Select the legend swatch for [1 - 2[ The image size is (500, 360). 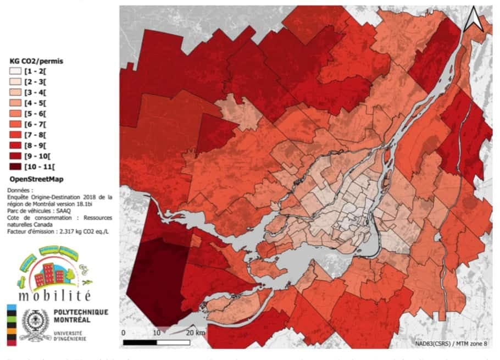[x=15, y=71]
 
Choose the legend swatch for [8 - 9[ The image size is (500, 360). [x=15, y=146]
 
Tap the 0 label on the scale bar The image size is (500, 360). [x=124, y=333]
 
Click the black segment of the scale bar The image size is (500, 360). [x=139, y=342]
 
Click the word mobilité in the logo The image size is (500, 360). [x=54, y=296]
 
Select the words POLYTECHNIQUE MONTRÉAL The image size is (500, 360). [x=81, y=315]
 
